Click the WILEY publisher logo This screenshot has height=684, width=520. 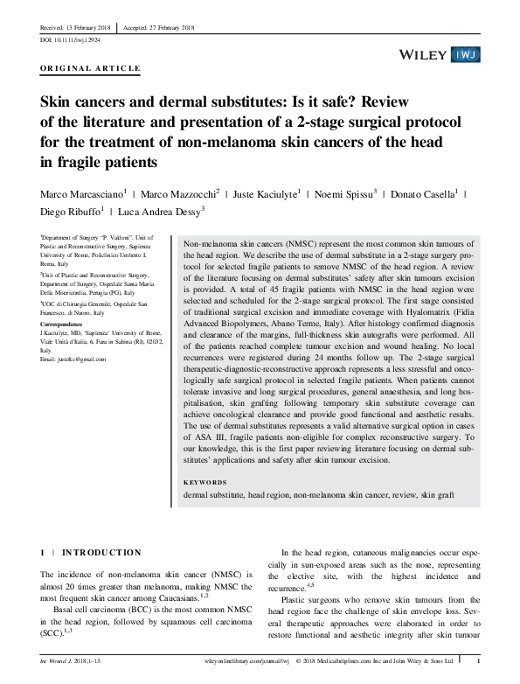(425, 54)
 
